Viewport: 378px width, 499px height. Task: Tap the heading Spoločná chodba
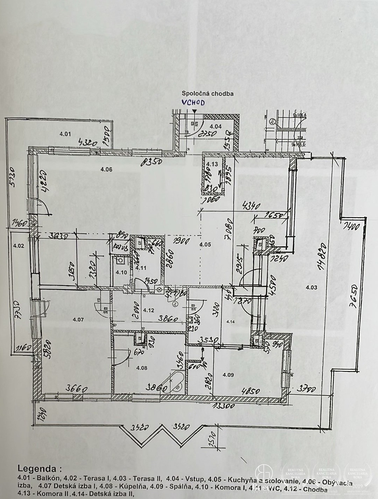(208, 93)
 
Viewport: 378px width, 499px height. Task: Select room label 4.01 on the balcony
(65, 133)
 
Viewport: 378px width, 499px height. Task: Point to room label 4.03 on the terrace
(311, 287)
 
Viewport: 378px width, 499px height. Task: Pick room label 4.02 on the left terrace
(18, 246)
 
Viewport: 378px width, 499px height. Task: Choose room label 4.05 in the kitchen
(205, 244)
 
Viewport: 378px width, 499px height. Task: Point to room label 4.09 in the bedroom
(228, 375)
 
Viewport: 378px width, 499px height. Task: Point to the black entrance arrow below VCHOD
(195, 111)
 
